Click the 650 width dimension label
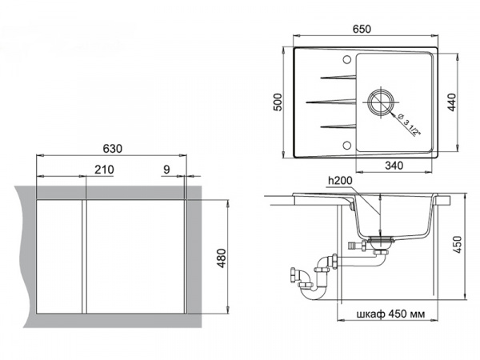pos(362,29)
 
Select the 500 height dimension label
pos(278,102)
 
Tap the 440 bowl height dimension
pos(451,102)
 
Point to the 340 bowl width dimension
pos(394,166)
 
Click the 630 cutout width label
pos(112,149)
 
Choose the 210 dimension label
pos(104,170)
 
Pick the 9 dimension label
pos(166,170)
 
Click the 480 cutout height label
pos(222,258)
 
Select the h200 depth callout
pos(340,181)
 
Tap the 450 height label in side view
pos(457,245)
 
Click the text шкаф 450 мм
pos(390,314)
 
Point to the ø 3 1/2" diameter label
pos(408,125)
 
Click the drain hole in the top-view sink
pos(381,102)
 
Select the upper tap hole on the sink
pos(347,59)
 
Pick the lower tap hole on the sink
pos(347,145)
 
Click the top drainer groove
pos(338,77)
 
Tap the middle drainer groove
pos(331,102)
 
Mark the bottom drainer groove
pos(338,126)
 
